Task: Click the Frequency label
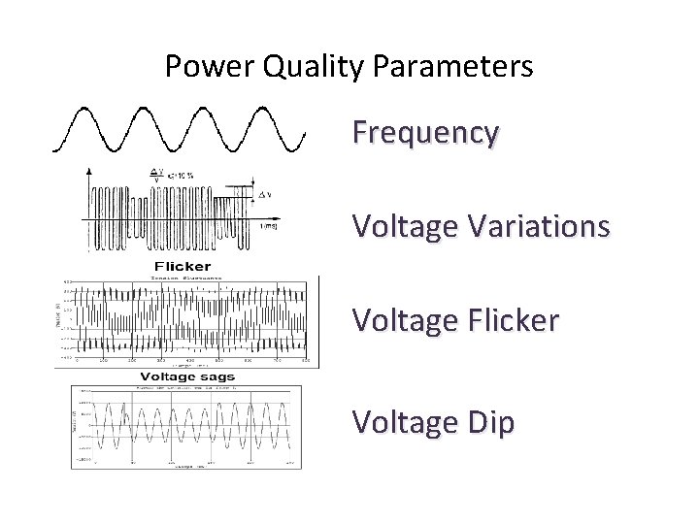point(426,132)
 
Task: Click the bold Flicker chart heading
point(183,266)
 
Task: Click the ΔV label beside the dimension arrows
point(263,195)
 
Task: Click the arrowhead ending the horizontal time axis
point(303,215)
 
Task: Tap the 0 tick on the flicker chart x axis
point(79,360)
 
